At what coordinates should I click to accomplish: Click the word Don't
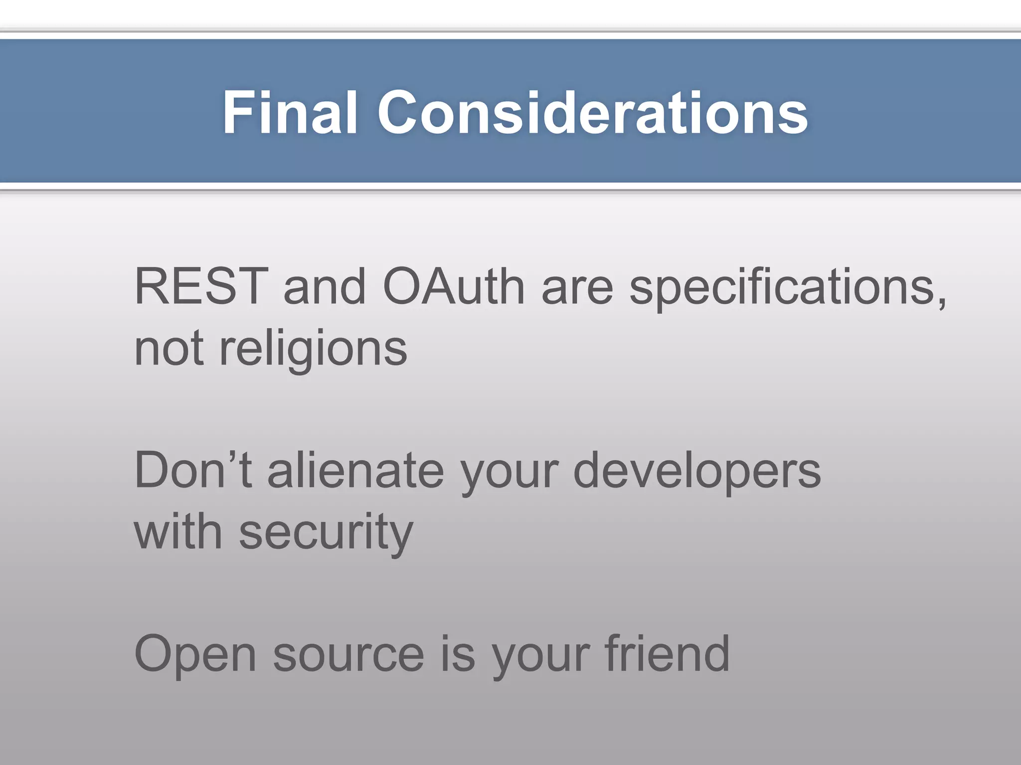pos(193,471)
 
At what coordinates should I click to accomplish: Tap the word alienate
pos(355,471)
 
